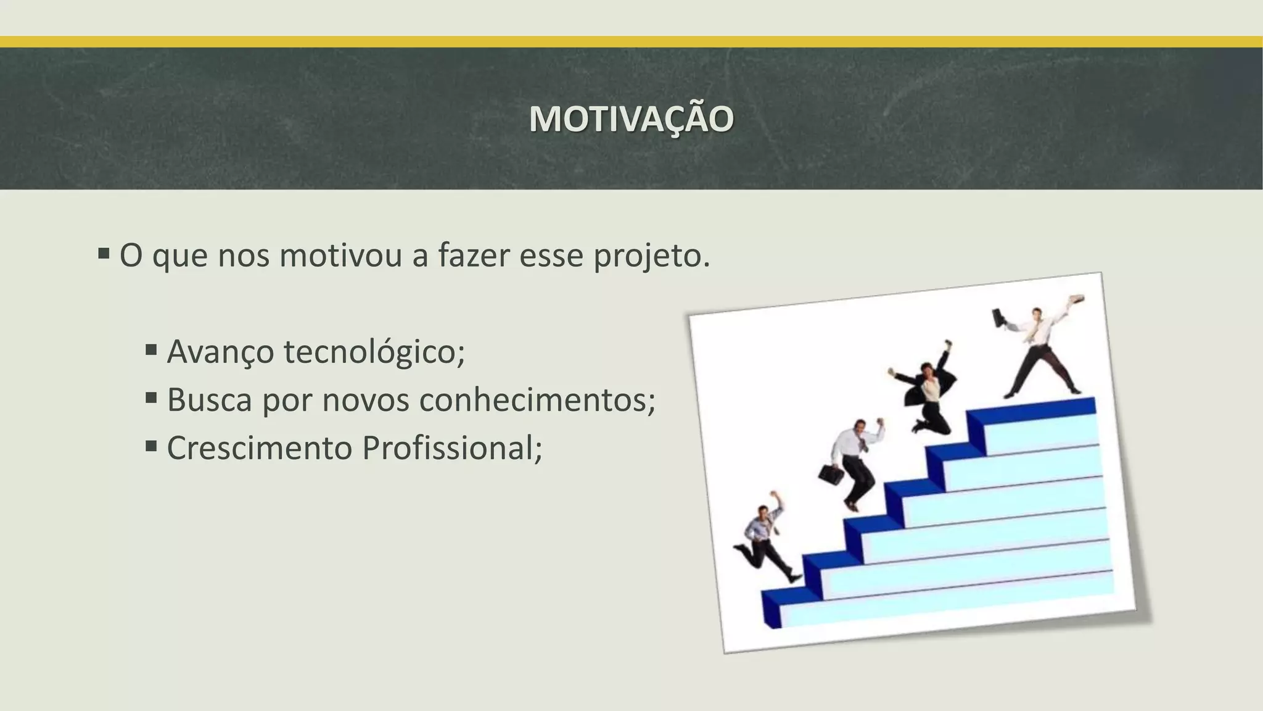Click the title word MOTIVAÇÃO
(631, 119)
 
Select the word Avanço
(220, 352)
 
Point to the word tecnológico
(374, 352)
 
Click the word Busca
(210, 400)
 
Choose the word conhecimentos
(537, 400)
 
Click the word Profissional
(451, 448)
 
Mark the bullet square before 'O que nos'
(104, 254)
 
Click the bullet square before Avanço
(152, 350)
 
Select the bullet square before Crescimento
(152, 446)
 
